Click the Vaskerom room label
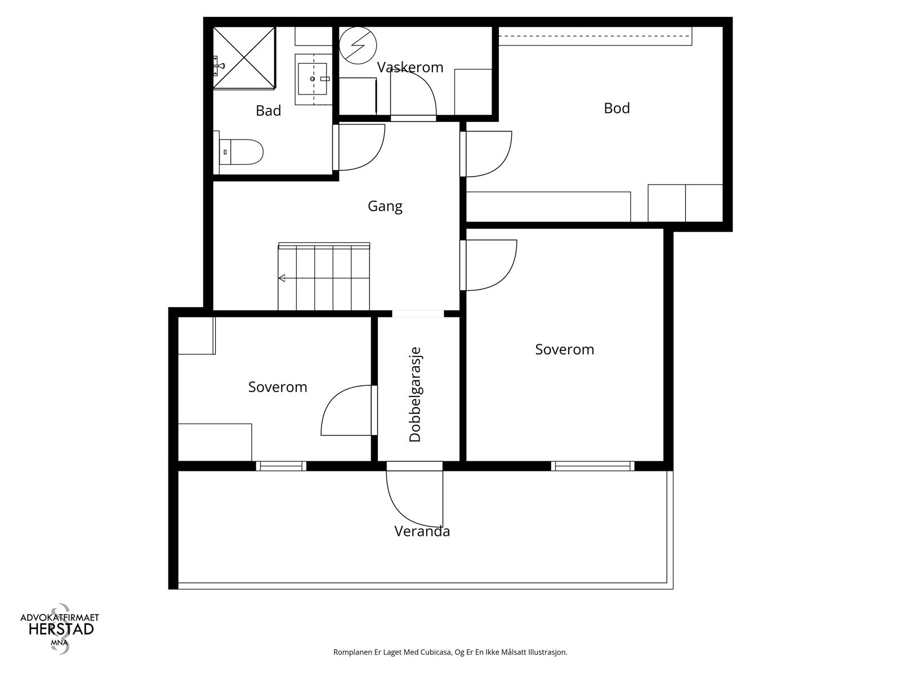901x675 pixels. tap(410, 67)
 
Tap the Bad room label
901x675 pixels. tap(268, 111)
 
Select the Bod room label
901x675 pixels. tap(617, 108)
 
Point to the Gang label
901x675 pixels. tap(385, 206)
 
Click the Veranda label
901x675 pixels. tap(422, 532)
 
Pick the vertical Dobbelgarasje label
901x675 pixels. tap(415, 395)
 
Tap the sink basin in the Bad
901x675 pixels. tap(313, 78)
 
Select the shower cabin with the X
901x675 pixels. tap(244, 57)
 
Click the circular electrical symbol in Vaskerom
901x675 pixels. tap(358, 45)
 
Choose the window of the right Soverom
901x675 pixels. tap(592, 466)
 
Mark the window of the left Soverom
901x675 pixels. tap(281, 466)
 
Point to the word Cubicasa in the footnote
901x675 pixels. tap(436, 652)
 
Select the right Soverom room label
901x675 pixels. tap(564, 349)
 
